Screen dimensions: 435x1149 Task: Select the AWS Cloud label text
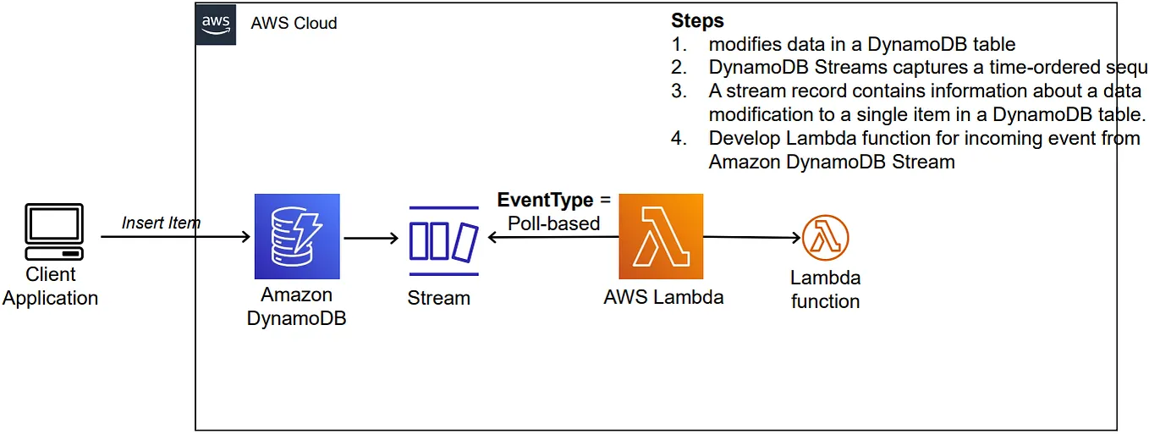tap(294, 24)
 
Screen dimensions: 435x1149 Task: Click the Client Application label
tap(51, 286)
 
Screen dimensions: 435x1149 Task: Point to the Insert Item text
tap(161, 223)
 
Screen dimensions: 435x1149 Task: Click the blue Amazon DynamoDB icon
tap(297, 237)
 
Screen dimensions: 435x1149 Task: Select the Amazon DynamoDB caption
tap(296, 306)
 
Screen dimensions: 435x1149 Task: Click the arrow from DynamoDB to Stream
tap(371, 239)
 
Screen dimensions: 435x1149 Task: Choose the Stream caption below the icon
tap(438, 298)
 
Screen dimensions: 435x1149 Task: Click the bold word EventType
tap(545, 201)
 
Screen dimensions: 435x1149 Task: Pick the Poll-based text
tap(553, 223)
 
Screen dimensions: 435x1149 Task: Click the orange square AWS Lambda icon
tap(661, 237)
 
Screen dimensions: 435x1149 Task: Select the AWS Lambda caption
tap(663, 297)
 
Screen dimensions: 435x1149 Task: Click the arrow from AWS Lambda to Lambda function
tap(751, 238)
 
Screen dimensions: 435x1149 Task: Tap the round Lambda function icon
tap(825, 238)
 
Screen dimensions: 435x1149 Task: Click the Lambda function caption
tap(825, 289)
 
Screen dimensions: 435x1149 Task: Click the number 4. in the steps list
tap(679, 138)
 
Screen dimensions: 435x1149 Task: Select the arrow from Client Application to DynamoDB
tap(176, 237)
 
